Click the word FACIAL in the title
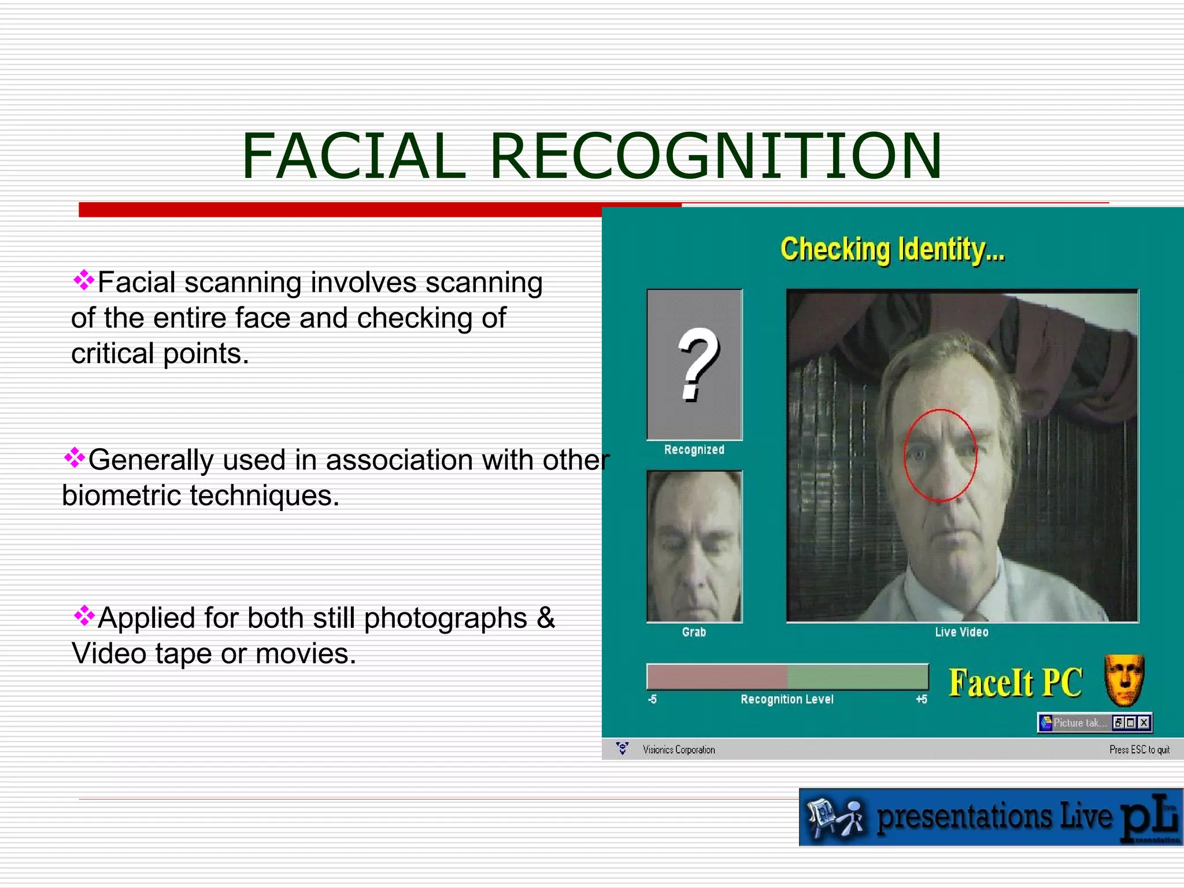pos(353,156)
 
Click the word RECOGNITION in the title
pos(716,156)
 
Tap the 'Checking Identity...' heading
pos(892,250)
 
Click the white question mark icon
pos(698,364)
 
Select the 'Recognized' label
pos(694,450)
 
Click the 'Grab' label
pos(694,632)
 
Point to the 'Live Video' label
pos(961,632)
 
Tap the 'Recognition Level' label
pos(787,700)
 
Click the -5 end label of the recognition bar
pos(652,700)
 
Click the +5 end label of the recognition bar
pos(922,700)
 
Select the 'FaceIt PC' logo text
pos(1015,683)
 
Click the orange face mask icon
pos(1124,680)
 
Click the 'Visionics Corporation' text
pos(679,750)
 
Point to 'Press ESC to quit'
pos(1139,750)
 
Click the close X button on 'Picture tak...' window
pos(1144,723)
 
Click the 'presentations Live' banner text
pos(994,817)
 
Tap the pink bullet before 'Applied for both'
pos(84,615)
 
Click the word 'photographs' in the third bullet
pos(445,618)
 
